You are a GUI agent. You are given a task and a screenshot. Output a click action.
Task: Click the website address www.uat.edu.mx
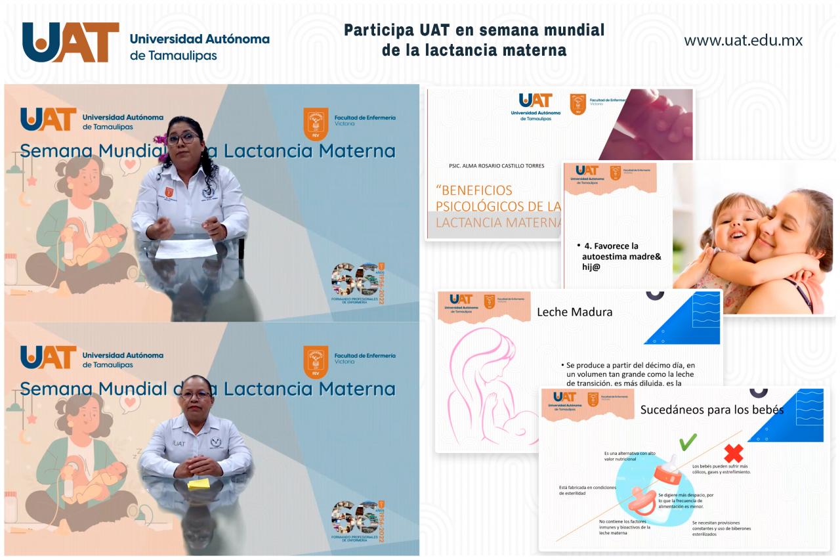[743, 41]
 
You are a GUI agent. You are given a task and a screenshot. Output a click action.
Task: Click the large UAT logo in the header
[71, 42]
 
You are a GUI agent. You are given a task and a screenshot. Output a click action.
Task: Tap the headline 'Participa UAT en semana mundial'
[474, 30]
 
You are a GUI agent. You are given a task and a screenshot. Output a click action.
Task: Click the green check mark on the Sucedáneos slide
[687, 442]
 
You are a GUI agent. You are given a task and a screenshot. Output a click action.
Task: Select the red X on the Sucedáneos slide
[732, 453]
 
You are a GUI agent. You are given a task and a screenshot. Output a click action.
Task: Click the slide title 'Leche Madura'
[574, 312]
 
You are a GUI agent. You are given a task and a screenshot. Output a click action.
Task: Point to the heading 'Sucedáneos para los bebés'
[711, 410]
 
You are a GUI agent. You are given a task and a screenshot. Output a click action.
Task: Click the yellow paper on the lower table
[198, 483]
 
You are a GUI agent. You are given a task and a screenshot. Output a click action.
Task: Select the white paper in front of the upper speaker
[186, 248]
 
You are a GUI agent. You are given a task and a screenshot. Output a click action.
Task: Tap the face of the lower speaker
[196, 396]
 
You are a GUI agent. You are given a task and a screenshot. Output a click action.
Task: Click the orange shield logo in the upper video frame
[316, 123]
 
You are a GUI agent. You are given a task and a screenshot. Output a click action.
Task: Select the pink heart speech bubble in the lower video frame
[130, 400]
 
